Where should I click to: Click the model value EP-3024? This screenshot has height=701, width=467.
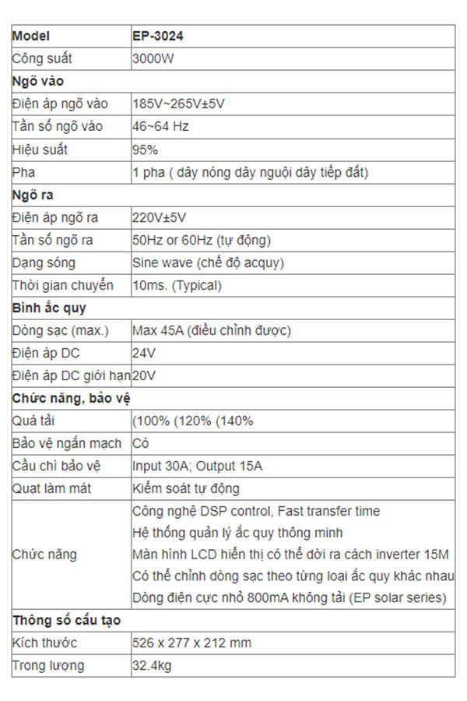pos(158,36)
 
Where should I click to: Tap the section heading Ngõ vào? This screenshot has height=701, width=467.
pos(38,81)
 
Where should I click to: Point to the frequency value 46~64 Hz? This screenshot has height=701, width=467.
pos(161,126)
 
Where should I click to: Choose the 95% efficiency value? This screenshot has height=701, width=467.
pos(146,149)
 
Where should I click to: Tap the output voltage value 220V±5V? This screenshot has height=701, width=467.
pos(160,217)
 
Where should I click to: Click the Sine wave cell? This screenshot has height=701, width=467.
pos(208,262)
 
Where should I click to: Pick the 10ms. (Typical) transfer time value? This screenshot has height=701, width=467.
pos(177,285)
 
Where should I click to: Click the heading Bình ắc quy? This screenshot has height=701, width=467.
pos(49,308)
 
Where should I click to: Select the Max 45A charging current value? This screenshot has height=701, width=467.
pos(212,331)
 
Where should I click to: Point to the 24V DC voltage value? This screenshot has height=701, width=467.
pos(144,354)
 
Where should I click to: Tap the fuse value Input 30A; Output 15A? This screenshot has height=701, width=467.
pos(198,467)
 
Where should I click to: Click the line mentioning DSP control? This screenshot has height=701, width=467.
pos(257,512)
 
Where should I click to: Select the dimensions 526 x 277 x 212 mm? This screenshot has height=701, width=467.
pos(191,643)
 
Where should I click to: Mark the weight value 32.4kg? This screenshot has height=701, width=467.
pos(152,666)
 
